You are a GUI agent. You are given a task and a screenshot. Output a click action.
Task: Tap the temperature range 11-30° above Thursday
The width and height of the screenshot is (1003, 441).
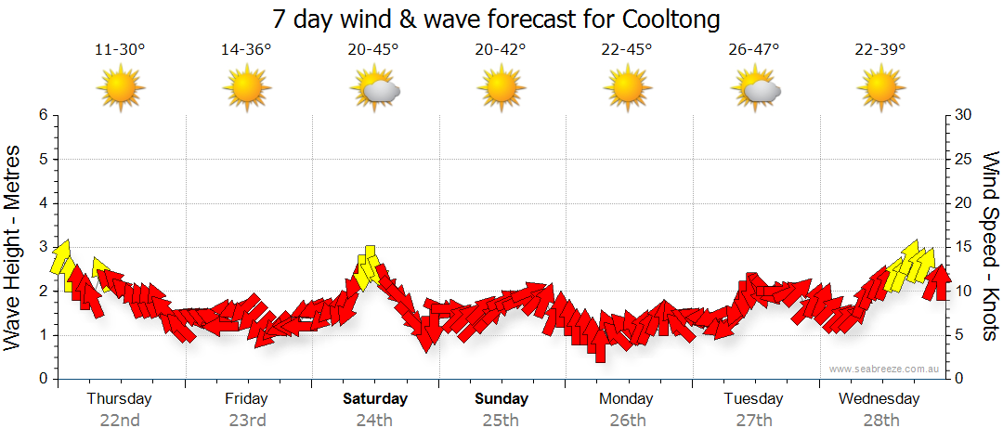click(x=120, y=50)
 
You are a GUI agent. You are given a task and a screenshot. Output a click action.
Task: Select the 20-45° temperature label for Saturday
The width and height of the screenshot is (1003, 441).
click(x=373, y=50)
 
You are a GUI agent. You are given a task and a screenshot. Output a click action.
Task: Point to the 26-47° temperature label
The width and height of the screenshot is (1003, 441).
click(x=754, y=50)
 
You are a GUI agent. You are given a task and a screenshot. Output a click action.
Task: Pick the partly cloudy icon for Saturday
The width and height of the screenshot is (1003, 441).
click(x=374, y=89)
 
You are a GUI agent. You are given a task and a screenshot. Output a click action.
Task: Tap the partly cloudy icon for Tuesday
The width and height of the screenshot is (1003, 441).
click(x=755, y=89)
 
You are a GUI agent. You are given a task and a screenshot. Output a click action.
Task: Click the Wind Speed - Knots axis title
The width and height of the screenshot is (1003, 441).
click(x=989, y=246)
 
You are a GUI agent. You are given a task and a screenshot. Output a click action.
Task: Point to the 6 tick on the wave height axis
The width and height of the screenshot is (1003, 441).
click(x=42, y=115)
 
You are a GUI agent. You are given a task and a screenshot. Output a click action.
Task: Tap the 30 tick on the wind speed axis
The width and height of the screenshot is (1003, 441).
click(x=963, y=115)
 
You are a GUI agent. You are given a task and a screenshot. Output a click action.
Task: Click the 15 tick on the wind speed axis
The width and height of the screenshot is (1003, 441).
click(x=963, y=247)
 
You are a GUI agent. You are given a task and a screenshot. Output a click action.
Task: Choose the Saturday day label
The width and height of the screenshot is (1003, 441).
click(x=374, y=399)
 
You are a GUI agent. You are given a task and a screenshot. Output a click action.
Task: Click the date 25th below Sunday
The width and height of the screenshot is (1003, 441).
click(x=501, y=420)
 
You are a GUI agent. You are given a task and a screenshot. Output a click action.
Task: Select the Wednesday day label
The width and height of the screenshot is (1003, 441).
click(x=879, y=399)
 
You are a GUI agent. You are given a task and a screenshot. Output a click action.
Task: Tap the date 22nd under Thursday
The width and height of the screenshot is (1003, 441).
click(x=120, y=420)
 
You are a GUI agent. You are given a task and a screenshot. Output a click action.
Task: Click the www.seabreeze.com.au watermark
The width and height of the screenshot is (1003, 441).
click(x=885, y=369)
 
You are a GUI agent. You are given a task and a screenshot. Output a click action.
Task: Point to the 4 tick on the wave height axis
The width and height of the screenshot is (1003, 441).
click(x=42, y=203)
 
